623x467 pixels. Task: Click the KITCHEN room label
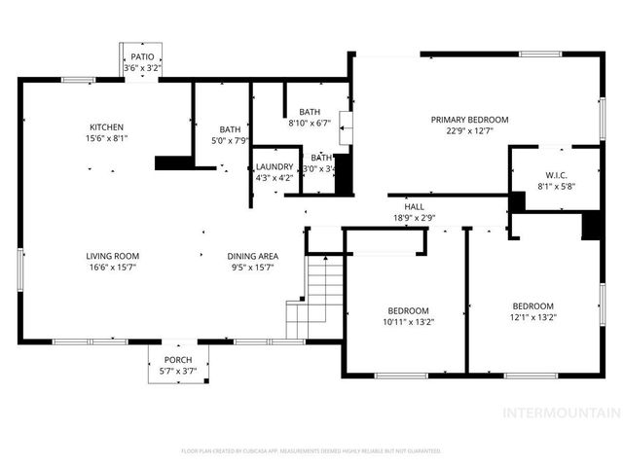point(107,127)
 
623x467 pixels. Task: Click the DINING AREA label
point(253,256)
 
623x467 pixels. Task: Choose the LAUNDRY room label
point(275,166)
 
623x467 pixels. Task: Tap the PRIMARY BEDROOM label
point(470,120)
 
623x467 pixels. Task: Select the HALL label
point(413,207)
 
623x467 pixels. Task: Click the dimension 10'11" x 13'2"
point(409,322)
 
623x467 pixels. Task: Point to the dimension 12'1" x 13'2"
point(532,316)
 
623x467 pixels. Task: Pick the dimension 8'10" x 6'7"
point(310,124)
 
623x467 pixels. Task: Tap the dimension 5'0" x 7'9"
point(231,141)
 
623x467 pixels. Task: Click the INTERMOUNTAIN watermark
point(560,413)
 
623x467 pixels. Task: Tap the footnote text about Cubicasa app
point(311,451)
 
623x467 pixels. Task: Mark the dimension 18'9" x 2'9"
point(413,218)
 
